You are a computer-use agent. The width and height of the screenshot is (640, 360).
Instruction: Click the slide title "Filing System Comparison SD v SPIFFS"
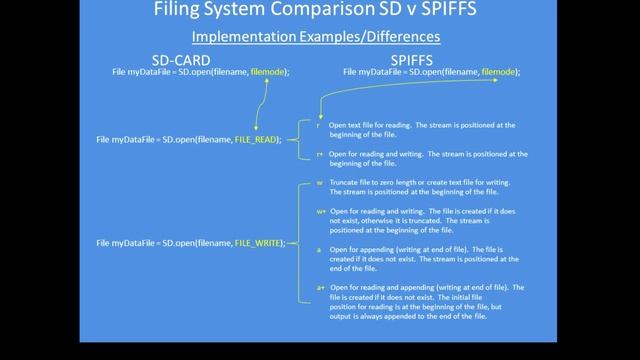[319, 13]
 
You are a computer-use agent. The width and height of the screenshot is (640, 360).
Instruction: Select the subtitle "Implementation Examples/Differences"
[320, 38]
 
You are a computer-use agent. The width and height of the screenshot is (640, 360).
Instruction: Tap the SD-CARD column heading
[181, 59]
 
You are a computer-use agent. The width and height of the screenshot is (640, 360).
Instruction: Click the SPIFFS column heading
[431, 59]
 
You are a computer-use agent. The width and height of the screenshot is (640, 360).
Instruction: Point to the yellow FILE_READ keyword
[256, 140]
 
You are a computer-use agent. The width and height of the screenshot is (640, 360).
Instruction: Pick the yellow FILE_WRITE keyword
[259, 243]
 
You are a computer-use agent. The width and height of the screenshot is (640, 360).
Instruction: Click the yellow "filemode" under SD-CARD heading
[266, 72]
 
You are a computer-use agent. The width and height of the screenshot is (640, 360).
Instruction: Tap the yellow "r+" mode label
[319, 154]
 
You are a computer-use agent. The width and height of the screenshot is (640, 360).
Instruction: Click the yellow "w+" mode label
[320, 212]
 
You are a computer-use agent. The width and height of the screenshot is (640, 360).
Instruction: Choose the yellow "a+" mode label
[319, 287]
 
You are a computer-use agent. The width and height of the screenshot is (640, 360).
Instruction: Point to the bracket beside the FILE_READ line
[299, 140]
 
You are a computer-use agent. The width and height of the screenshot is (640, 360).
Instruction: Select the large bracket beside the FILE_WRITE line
[299, 243]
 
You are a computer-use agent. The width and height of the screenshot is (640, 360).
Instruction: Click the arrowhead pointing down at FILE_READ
[257, 131]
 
